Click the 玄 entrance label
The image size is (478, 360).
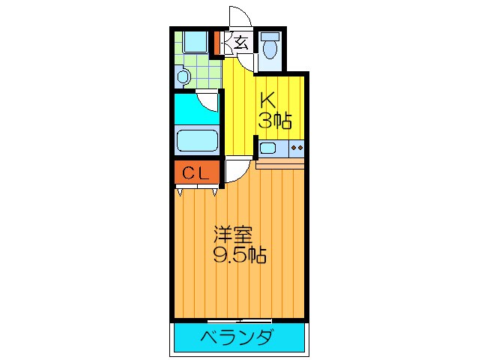[240, 43]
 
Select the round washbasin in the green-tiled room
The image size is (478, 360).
[183, 76]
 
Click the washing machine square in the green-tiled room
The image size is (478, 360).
[196, 42]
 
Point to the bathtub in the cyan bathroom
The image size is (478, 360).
[196, 140]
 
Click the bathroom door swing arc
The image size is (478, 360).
[208, 100]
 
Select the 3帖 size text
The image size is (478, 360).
[275, 120]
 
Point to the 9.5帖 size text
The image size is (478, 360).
[240, 255]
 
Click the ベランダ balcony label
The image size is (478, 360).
[237, 337]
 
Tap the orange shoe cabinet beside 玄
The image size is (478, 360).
[219, 43]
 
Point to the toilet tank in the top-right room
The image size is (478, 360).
[270, 35]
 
